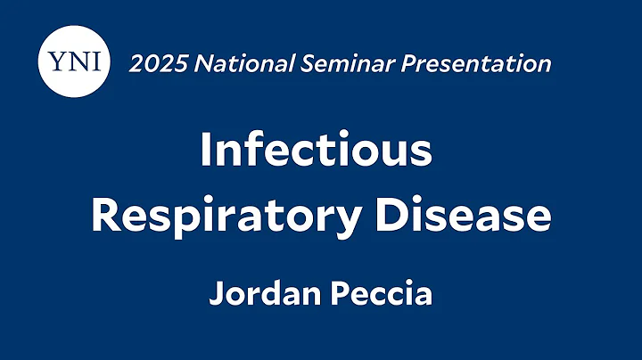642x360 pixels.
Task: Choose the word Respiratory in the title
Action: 218,217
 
